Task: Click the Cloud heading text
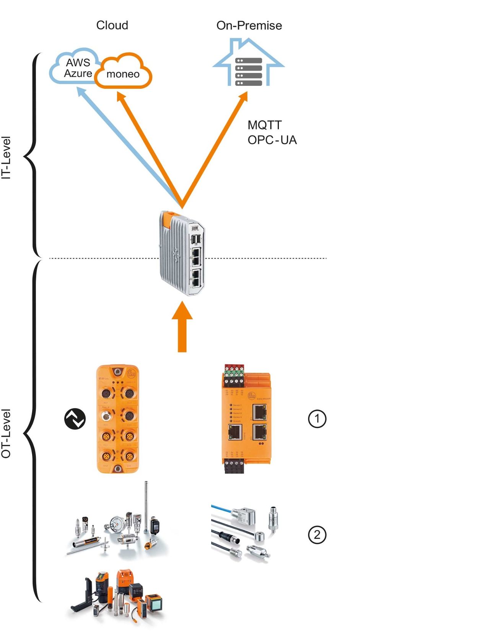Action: [x=112, y=25]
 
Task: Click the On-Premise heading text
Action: [x=249, y=26]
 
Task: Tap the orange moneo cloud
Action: [x=123, y=73]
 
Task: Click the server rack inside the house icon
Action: [x=249, y=72]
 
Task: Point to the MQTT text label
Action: [x=264, y=125]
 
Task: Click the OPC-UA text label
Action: [x=272, y=140]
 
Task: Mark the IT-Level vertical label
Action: [x=6, y=158]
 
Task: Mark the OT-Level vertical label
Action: [x=6, y=433]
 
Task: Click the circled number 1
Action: [x=317, y=419]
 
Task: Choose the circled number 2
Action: [x=317, y=535]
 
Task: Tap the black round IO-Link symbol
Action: [x=75, y=419]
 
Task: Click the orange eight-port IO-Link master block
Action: [x=117, y=419]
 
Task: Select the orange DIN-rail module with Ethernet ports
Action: [x=246, y=421]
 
